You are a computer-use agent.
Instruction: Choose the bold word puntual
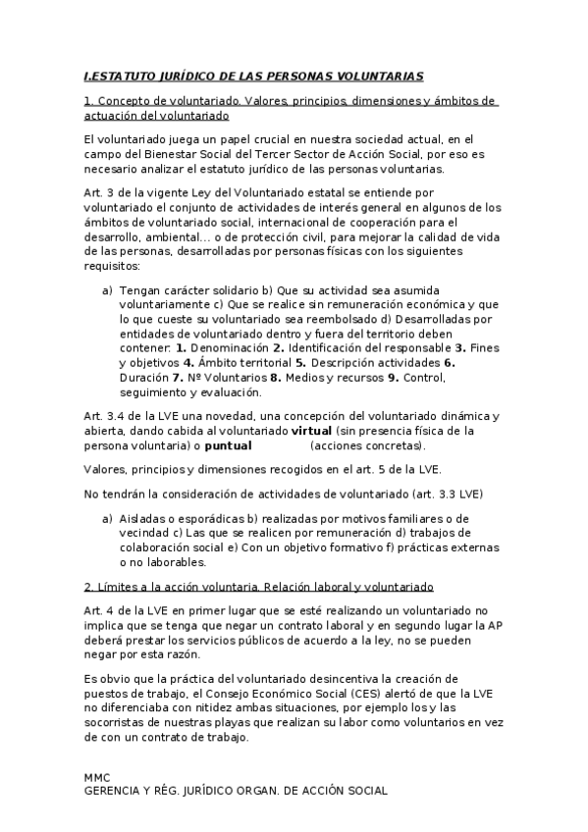pyautogui.click(x=228, y=445)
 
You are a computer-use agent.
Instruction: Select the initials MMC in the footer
pyautogui.click(x=97, y=776)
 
